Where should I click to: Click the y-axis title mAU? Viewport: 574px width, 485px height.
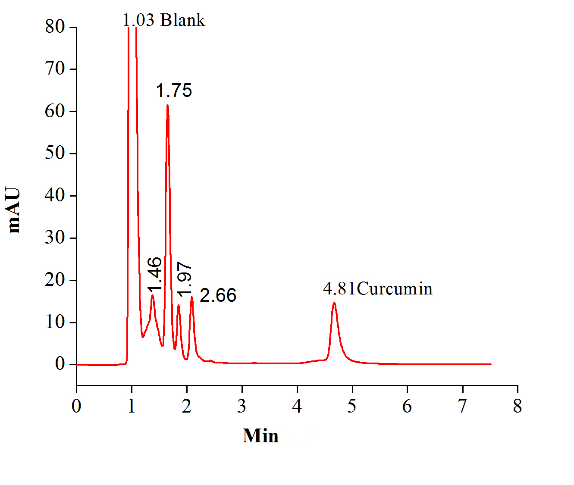tap(14, 210)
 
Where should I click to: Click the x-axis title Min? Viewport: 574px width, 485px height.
tap(260, 436)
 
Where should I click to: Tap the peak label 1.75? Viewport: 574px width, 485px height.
tap(174, 91)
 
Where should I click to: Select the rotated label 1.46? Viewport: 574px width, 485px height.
tap(154, 274)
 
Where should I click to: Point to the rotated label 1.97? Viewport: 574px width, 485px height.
tap(185, 279)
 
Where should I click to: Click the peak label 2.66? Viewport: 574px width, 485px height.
tap(218, 296)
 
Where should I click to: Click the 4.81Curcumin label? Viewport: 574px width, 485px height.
tap(377, 288)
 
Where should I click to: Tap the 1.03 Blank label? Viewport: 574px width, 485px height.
tap(164, 20)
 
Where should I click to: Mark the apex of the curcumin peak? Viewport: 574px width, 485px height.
tap(334, 303)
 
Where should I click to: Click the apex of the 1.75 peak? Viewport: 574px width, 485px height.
tap(167, 105)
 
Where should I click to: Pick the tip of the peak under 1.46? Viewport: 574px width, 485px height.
tap(152, 295)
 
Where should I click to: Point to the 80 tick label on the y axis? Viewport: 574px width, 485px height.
tap(55, 27)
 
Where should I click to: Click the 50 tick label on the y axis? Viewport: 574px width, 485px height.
tap(55, 153)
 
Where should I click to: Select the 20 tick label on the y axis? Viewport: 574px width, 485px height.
tap(55, 280)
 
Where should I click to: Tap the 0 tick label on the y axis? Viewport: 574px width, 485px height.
tap(60, 364)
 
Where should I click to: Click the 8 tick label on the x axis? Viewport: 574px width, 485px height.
tap(518, 406)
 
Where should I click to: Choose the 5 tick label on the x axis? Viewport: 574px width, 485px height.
tap(352, 406)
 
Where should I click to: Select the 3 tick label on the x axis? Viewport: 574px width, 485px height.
tap(242, 406)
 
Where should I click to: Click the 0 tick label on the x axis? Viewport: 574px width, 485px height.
tap(76, 406)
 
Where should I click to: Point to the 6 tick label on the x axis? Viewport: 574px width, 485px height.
tap(407, 406)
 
